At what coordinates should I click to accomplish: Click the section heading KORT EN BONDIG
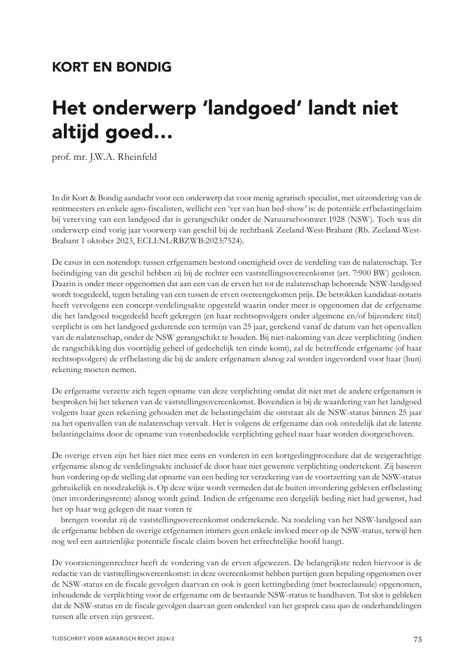pyautogui.click(x=112, y=67)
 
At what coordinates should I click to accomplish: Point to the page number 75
pyautogui.click(x=418, y=640)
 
